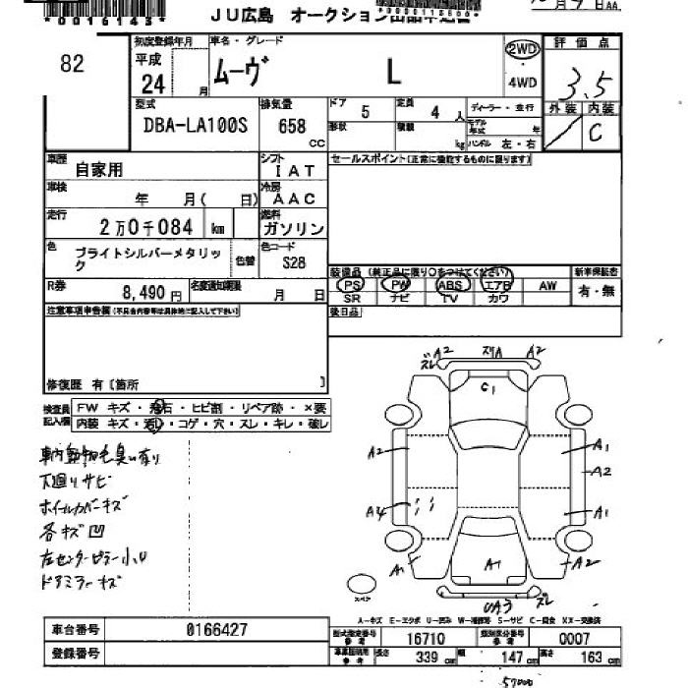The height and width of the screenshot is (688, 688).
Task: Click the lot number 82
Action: click(x=72, y=64)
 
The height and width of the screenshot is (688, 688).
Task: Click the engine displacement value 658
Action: click(x=292, y=127)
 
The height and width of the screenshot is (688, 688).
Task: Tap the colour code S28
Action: click(x=294, y=262)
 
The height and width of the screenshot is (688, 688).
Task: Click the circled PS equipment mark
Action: click(x=351, y=284)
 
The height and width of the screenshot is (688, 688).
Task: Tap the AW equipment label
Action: click(x=546, y=284)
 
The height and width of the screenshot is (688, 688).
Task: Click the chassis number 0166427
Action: click(x=217, y=629)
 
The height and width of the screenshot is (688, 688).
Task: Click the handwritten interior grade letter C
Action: click(x=595, y=135)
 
